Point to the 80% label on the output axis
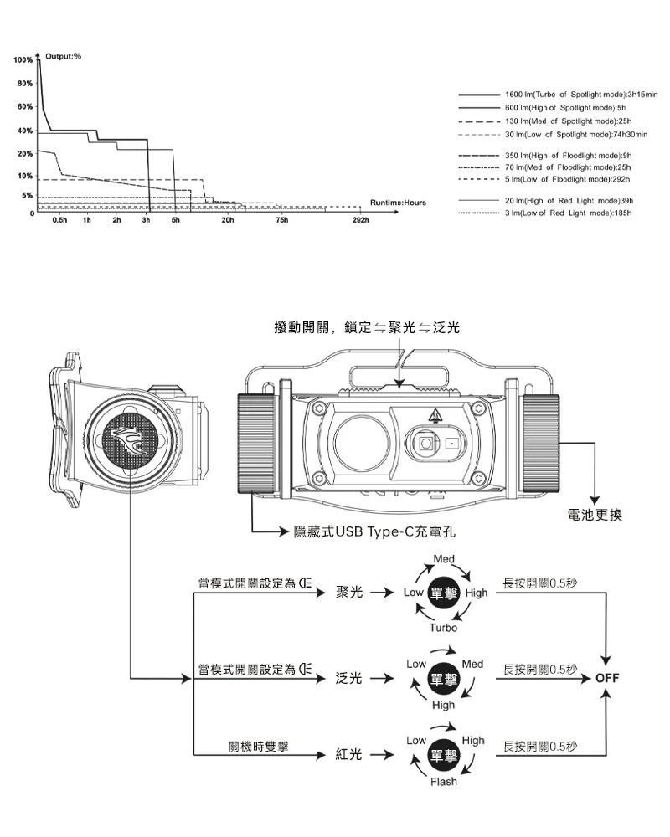(x=23, y=85)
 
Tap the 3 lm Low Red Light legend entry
(x=567, y=213)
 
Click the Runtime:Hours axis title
(x=397, y=203)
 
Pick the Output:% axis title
(x=63, y=55)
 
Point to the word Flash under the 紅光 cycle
(x=444, y=782)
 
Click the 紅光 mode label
(x=348, y=754)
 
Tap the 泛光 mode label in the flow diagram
(x=348, y=678)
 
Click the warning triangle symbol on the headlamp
(x=435, y=416)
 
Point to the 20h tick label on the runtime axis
(x=227, y=220)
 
